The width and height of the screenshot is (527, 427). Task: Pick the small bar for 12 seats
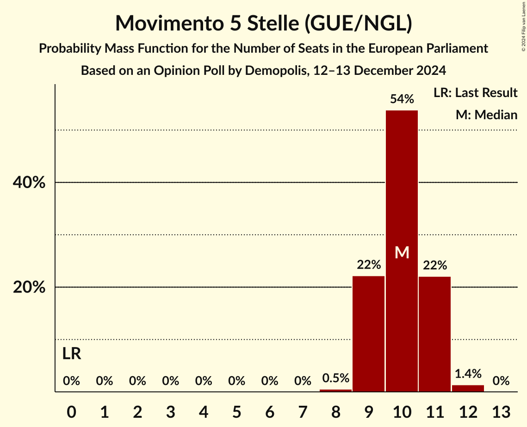(468, 388)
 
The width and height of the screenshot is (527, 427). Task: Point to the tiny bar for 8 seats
(335, 390)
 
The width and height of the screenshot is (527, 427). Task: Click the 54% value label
(402, 98)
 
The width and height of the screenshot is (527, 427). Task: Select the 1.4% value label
(468, 373)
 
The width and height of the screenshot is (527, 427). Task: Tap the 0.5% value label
(335, 378)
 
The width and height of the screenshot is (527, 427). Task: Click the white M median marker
(402, 252)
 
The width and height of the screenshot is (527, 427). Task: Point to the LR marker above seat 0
(72, 354)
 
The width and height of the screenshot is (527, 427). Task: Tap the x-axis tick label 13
(501, 411)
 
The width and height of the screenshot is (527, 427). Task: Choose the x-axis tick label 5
(236, 411)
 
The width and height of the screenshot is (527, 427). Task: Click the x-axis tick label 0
(71, 411)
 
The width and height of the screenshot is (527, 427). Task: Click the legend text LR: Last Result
(475, 93)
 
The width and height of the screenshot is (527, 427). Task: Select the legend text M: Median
(486, 115)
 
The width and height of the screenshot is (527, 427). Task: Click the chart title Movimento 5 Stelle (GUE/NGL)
(263, 23)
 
